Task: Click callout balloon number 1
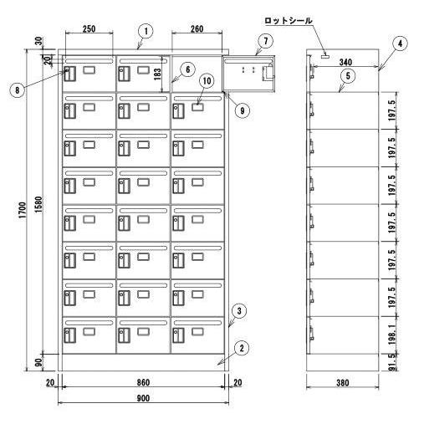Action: coord(146,31)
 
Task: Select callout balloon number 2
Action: coord(242,348)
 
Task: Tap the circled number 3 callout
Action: coord(239,310)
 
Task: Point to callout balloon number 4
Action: coord(400,43)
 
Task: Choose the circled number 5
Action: coord(348,75)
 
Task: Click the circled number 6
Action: coord(187,69)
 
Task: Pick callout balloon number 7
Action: coord(265,41)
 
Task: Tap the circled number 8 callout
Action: coord(18,89)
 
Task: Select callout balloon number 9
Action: coord(242,110)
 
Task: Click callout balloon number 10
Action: coord(207,81)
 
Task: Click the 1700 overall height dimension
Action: coord(23,210)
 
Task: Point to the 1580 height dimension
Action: coord(38,204)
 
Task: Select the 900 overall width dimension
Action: coord(143,398)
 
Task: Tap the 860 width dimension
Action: coord(143,382)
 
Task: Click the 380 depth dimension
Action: coord(342,383)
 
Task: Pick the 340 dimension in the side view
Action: coord(345,62)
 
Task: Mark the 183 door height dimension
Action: coord(157,74)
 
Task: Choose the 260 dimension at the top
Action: coord(197,29)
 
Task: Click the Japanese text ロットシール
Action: coord(289,21)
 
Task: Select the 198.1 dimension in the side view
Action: coord(391,335)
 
